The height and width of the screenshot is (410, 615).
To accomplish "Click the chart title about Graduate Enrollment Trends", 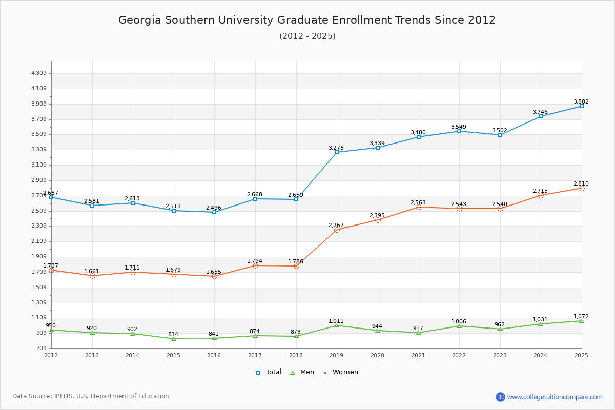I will [307, 20].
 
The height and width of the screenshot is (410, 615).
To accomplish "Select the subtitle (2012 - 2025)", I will [307, 36].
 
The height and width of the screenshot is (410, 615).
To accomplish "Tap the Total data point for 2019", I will [337, 152].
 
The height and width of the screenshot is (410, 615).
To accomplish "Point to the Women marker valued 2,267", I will [337, 230].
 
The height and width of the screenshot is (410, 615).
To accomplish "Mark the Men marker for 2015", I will [174, 339].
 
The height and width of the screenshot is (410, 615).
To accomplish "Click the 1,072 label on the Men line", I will [581, 316].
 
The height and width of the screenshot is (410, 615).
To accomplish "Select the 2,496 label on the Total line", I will [214, 208].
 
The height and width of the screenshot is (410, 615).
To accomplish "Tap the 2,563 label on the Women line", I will [418, 202].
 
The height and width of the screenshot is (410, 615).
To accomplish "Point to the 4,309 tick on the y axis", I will [39, 73].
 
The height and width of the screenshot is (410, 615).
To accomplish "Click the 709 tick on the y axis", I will [42, 348].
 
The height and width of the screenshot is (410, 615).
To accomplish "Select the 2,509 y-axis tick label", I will [39, 211].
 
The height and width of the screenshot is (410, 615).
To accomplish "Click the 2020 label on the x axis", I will [377, 355].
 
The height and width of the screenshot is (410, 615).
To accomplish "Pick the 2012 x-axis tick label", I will [51, 355].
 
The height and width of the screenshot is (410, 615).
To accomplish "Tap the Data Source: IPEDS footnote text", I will [91, 396].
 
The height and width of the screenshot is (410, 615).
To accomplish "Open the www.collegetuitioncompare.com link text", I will [555, 397].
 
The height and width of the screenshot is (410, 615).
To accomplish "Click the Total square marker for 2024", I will [541, 116].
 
